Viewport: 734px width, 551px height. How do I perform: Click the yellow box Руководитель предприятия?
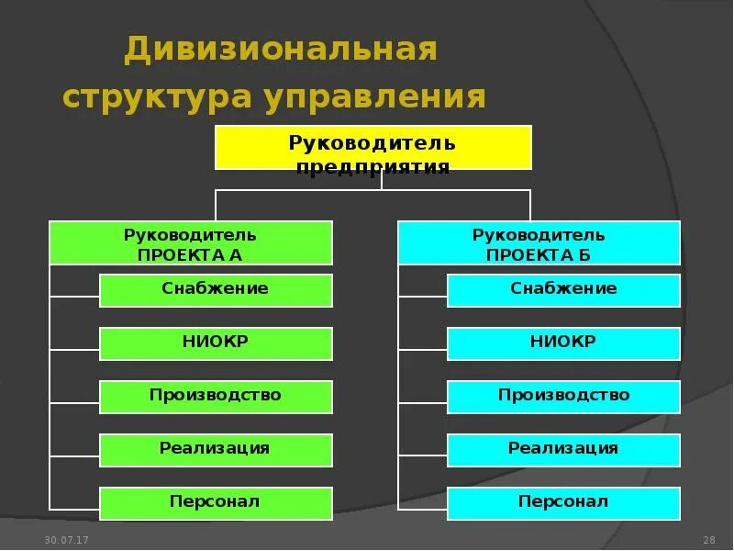coord(373,147)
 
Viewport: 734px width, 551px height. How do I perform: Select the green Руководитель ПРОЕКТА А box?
coord(190,242)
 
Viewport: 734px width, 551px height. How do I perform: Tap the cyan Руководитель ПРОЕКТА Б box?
coord(539,242)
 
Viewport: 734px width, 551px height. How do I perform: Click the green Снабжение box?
coord(216,290)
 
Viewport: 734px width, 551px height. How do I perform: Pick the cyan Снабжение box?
coord(563,290)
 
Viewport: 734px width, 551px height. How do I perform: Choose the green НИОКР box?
coord(216,343)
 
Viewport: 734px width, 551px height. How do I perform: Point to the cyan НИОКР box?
coord(563,343)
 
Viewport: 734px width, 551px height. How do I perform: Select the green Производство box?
coord(216,397)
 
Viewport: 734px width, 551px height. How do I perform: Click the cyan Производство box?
coord(563,397)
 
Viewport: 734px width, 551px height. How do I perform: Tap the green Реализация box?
coord(216,450)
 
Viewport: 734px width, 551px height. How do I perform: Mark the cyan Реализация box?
coord(563,450)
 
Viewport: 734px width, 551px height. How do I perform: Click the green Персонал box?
coord(216,503)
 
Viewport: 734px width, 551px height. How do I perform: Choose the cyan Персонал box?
coord(563,503)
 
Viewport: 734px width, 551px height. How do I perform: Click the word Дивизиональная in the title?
coord(281,51)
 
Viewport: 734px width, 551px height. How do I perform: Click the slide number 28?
coord(708,538)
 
